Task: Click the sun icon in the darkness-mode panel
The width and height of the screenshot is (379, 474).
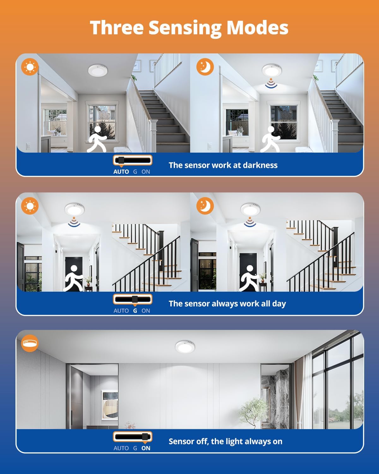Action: click(30, 67)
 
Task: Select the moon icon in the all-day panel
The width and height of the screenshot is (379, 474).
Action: click(205, 206)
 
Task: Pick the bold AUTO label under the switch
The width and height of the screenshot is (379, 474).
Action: click(121, 172)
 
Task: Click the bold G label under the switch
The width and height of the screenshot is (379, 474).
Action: click(135, 311)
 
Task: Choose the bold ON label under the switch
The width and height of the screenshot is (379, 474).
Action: click(146, 448)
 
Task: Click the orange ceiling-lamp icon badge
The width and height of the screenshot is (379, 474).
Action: click(30, 343)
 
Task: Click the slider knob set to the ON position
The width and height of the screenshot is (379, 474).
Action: click(145, 437)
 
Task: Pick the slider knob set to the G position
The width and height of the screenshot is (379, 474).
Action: click(135, 299)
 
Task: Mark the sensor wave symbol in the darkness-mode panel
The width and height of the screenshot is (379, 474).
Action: click(271, 83)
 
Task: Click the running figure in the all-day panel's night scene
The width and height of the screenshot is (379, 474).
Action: click(250, 278)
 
